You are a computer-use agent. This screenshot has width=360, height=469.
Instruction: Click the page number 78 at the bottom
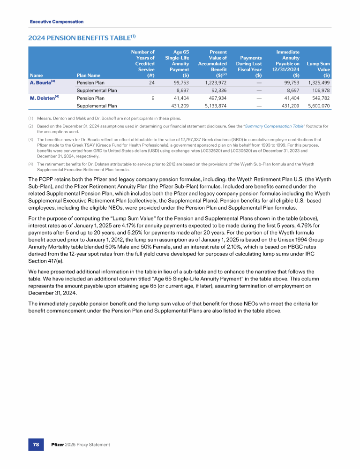click(35, 444)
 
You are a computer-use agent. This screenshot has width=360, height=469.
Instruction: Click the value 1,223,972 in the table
click(216, 82)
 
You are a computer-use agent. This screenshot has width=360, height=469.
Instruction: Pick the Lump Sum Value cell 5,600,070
click(319, 106)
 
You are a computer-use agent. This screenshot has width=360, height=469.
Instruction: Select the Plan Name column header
click(88, 74)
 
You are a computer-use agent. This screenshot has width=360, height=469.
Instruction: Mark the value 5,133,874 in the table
click(216, 106)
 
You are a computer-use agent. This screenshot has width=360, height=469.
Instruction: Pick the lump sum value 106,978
click(320, 90)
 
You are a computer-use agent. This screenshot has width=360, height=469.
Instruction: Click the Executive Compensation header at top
click(57, 22)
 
